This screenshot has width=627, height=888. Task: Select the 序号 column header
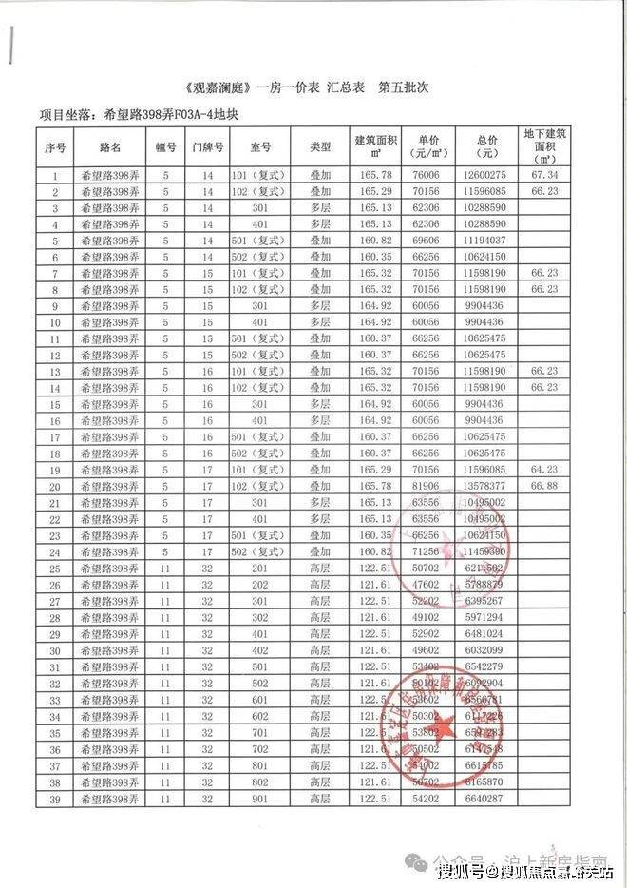(x=55, y=147)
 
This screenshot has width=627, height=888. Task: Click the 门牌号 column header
(x=207, y=147)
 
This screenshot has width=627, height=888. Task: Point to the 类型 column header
(x=319, y=147)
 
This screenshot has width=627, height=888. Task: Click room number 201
(x=260, y=568)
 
